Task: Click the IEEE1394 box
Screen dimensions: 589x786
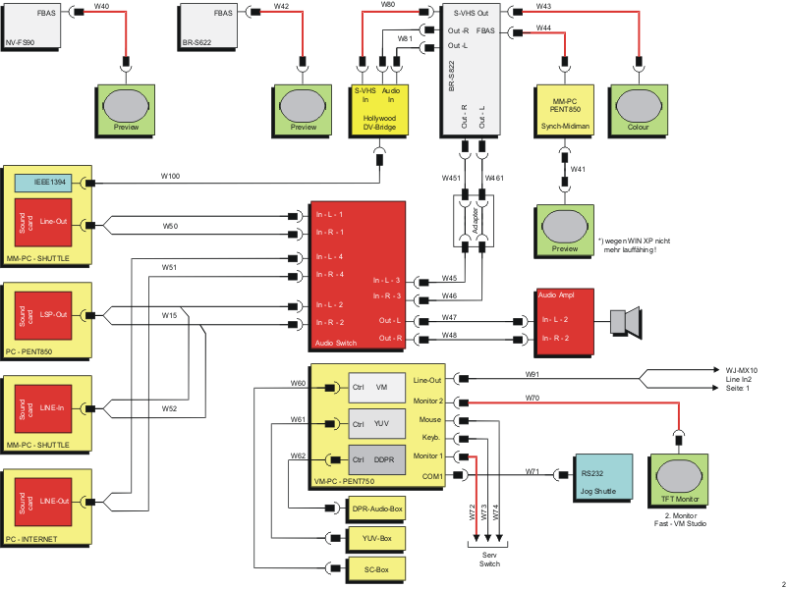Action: click(x=49, y=183)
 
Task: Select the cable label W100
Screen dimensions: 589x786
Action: click(x=171, y=177)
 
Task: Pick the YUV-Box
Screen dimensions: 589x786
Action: click(x=372, y=539)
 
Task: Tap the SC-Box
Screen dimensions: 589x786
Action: click(x=372, y=568)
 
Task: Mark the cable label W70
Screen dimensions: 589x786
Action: click(x=532, y=398)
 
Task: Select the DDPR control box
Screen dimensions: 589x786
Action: click(x=376, y=459)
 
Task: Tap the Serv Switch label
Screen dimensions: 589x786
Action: click(x=488, y=559)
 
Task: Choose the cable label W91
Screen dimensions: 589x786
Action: click(x=532, y=374)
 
